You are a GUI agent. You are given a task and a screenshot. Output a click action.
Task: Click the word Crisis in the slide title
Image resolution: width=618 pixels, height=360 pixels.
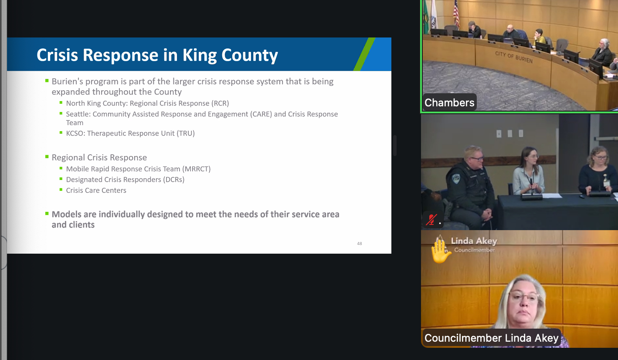pyautogui.click(x=57, y=55)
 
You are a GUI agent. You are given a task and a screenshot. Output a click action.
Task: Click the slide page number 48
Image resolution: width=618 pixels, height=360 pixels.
pyautogui.click(x=360, y=243)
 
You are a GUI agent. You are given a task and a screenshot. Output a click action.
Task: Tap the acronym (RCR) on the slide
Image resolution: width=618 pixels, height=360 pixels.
pyautogui.click(x=220, y=103)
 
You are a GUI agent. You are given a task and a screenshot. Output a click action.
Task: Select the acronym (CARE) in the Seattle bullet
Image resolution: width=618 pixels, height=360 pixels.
pyautogui.click(x=261, y=114)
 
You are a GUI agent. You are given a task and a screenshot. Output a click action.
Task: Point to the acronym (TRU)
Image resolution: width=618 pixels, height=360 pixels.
pyautogui.click(x=186, y=133)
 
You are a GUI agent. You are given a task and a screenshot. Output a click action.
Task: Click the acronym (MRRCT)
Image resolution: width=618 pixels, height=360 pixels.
pyautogui.click(x=196, y=169)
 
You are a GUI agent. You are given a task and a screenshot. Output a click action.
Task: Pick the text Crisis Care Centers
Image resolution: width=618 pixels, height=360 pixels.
pyautogui.click(x=96, y=190)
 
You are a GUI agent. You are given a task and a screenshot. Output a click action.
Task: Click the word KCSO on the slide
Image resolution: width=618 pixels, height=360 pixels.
pyautogui.click(x=75, y=133)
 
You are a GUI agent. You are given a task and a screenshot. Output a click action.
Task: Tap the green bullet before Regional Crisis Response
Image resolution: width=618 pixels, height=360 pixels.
pyautogui.click(x=47, y=157)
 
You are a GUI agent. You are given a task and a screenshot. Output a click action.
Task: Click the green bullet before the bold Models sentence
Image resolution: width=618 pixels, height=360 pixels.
pyautogui.click(x=47, y=214)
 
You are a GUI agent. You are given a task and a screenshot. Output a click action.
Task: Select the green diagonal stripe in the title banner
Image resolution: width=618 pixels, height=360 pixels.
pyautogui.click(x=364, y=54)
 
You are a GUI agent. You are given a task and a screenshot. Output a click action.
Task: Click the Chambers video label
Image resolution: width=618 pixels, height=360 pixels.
pyautogui.click(x=449, y=102)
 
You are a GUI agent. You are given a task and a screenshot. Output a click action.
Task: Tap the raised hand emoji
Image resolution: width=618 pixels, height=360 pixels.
pyautogui.click(x=440, y=251)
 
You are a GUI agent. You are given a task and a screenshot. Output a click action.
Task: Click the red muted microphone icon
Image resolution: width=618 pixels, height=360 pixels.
pyautogui.click(x=431, y=220)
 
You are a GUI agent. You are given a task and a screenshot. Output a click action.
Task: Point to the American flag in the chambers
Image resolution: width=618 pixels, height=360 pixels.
pyautogui.click(x=456, y=14)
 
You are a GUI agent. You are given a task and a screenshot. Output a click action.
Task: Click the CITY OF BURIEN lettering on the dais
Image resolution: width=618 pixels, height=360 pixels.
pyautogui.click(x=514, y=57)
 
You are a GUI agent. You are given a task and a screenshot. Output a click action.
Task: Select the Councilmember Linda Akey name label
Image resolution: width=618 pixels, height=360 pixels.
pyautogui.click(x=492, y=338)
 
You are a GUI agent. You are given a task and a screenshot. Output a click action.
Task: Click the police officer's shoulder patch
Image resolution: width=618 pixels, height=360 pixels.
pyautogui.click(x=456, y=178)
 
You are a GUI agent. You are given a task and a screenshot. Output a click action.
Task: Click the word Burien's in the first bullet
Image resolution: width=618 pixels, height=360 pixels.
pyautogui.click(x=67, y=82)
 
